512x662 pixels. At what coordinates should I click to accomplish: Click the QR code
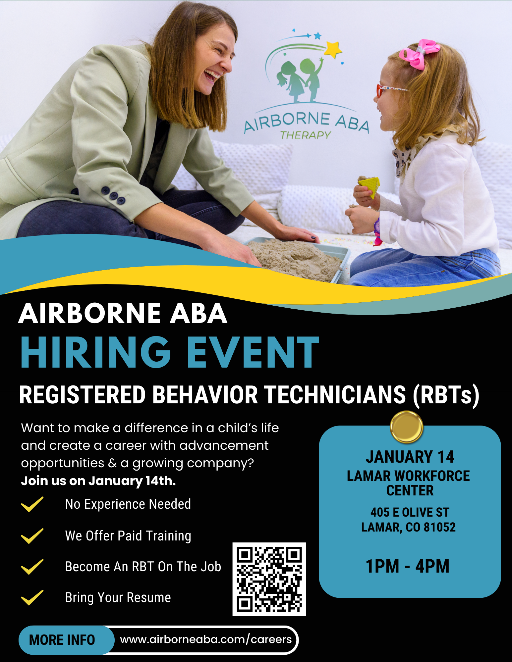(x=269, y=579)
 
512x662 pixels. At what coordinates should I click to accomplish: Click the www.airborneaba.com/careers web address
(x=206, y=639)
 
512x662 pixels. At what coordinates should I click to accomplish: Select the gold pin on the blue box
(x=406, y=427)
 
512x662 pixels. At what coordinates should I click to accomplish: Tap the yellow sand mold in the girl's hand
(x=369, y=186)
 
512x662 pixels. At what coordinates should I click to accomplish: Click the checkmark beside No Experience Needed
(x=32, y=504)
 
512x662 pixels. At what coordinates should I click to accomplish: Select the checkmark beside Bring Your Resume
(x=32, y=597)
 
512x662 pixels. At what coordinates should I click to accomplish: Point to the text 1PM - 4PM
(x=407, y=566)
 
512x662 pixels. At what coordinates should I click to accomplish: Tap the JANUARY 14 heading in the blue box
(x=410, y=457)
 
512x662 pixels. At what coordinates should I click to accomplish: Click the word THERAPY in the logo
(x=306, y=135)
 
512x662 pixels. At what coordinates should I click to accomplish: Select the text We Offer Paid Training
(x=128, y=536)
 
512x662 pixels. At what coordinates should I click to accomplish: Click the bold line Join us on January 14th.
(x=98, y=481)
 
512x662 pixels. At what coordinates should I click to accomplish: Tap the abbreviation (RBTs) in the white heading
(x=446, y=395)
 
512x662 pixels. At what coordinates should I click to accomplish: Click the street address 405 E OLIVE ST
(x=410, y=512)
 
